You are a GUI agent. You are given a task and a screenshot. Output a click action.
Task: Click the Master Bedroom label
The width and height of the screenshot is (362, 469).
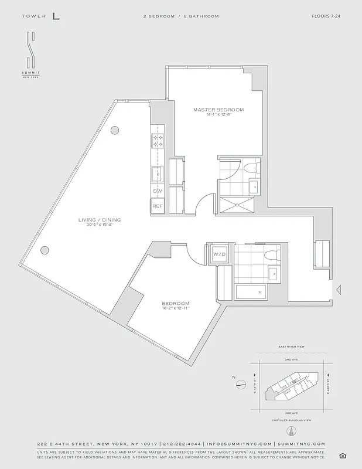click(218, 110)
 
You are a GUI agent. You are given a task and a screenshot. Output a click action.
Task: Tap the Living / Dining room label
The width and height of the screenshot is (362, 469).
click(100, 220)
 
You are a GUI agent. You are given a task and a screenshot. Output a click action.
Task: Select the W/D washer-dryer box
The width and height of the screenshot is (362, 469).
click(219, 254)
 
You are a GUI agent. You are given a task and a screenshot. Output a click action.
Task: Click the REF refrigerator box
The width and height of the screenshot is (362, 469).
click(158, 206)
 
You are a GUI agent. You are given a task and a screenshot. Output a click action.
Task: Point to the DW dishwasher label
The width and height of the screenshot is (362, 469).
click(158, 191)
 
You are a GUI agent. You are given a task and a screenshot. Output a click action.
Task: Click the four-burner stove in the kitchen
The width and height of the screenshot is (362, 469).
click(158, 141)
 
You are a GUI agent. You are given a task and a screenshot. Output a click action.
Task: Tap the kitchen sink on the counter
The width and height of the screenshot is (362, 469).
click(158, 174)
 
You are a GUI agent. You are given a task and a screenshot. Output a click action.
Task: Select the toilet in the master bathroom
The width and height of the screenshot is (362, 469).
click(252, 169)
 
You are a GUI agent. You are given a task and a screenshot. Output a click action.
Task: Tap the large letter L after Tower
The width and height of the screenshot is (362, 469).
click(56, 16)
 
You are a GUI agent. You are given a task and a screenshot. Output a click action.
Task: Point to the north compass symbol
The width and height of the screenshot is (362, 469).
click(240, 385)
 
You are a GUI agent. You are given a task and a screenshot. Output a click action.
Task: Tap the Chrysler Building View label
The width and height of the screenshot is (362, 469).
click(291, 420)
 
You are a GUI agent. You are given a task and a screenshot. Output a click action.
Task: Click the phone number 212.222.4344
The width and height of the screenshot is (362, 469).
click(175, 444)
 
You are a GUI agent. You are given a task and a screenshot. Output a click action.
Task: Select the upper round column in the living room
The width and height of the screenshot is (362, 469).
click(116, 130)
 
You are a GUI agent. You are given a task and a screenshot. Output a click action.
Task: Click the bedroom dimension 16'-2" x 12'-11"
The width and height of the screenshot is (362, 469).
click(176, 308)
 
